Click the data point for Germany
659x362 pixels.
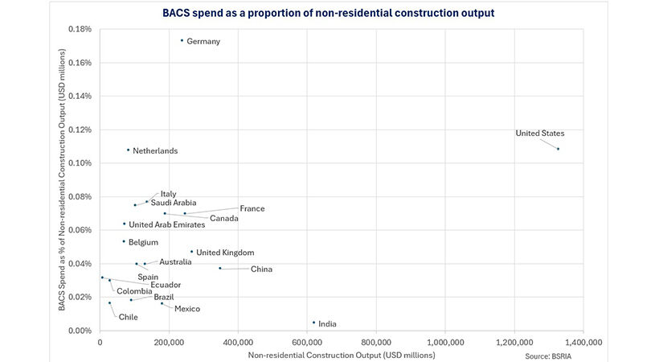click(182, 40)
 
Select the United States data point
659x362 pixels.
click(558, 149)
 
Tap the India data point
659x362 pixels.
click(313, 323)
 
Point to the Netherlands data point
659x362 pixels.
click(128, 150)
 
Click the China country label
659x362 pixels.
click(263, 269)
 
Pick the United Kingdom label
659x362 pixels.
click(225, 253)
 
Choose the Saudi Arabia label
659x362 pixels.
click(174, 203)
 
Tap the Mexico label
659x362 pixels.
click(187, 309)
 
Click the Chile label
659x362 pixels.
click(129, 317)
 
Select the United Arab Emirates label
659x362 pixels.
click(166, 224)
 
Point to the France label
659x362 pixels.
click(252, 209)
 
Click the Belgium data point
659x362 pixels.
click(124, 241)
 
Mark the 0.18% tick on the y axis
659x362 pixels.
click(81, 29)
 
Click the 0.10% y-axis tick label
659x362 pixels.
click(81, 163)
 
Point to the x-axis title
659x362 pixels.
click(342, 355)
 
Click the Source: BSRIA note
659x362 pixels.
click(548, 355)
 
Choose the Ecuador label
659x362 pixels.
click(166, 285)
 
